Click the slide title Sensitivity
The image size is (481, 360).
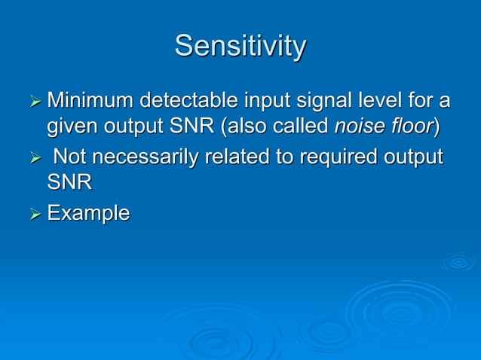(x=240, y=47)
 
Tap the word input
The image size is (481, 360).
(x=268, y=99)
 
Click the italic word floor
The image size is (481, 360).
(x=411, y=127)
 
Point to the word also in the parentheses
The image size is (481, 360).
(x=244, y=127)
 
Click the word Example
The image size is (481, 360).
(x=88, y=214)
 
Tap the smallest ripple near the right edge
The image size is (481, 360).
(x=458, y=262)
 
